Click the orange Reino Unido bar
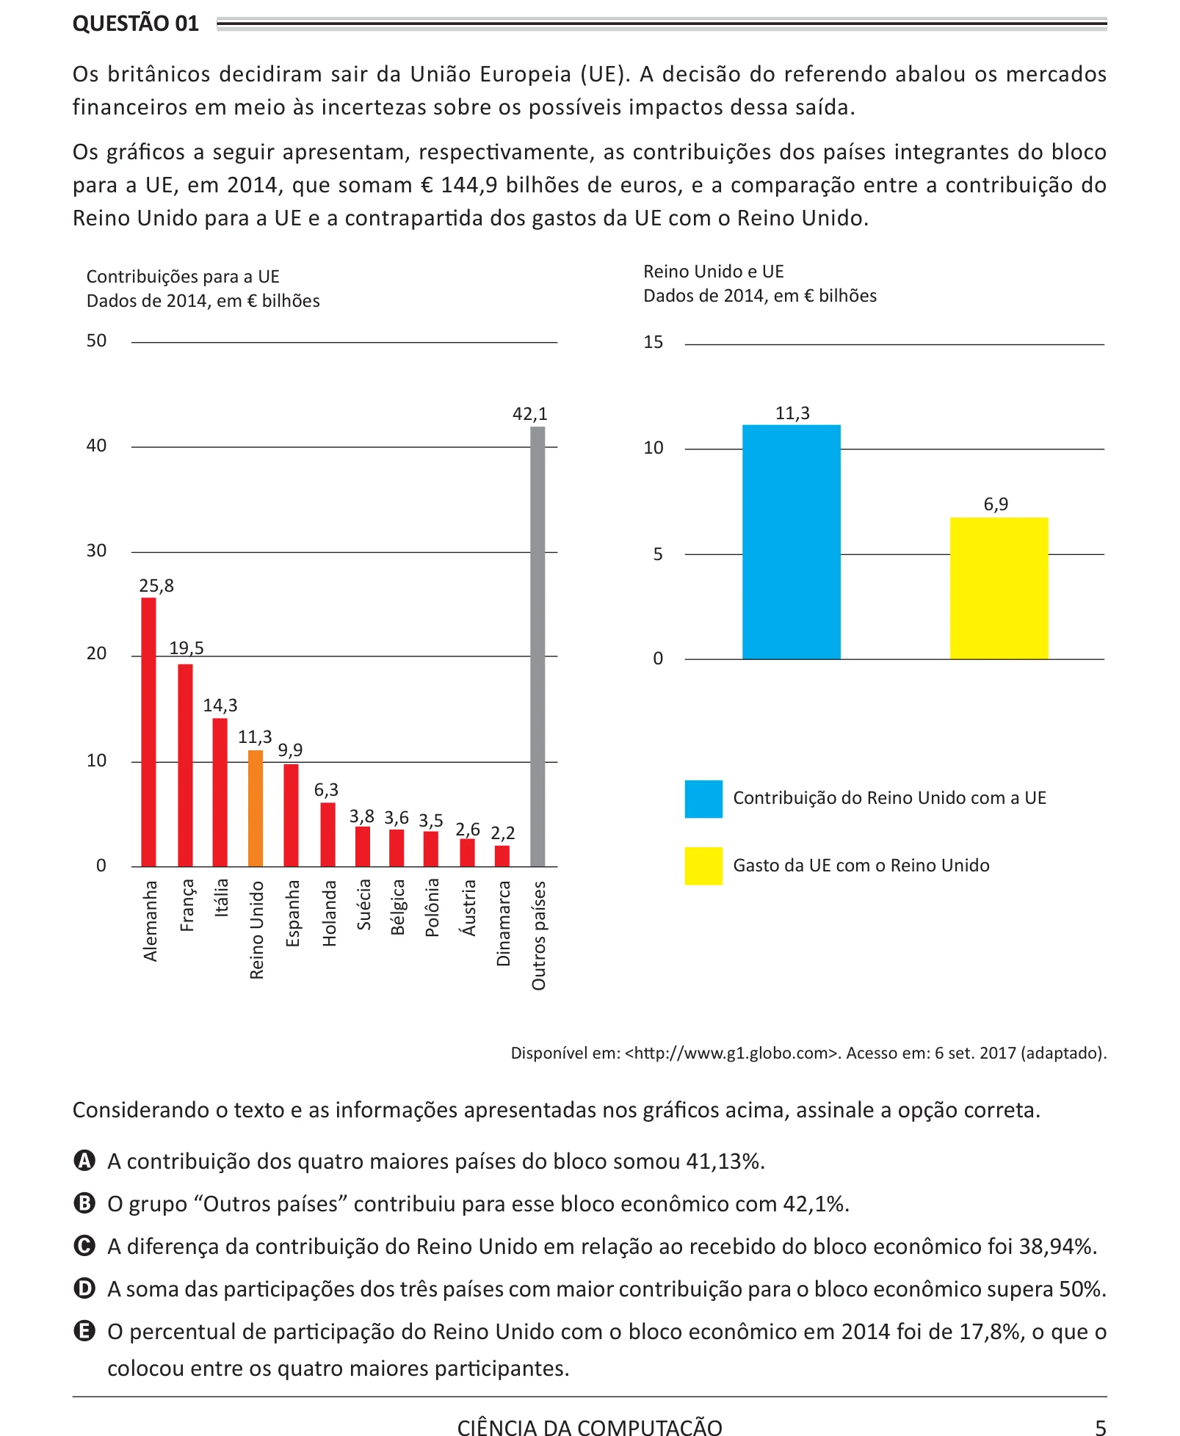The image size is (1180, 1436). pos(255,808)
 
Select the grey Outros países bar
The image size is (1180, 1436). pos(537,647)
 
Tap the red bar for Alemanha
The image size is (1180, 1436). pos(148,732)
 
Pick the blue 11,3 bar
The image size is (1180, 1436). pos(791,542)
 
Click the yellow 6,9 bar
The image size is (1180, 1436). pos(999,588)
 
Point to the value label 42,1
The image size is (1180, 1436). pos(529,414)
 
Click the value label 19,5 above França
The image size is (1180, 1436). pos(187,648)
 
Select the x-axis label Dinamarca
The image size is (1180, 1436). pos(503,924)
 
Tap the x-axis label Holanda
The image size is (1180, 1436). pos(329,913)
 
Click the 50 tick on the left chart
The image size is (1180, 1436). pos(96,341)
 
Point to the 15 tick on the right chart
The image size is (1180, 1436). pos(653,342)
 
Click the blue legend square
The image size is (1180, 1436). pos(703,799)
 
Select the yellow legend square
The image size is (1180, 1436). pos(703,866)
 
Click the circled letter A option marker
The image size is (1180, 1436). pos(85,1161)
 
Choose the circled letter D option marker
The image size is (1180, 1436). pos(85,1288)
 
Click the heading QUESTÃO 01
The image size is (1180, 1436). pos(136,23)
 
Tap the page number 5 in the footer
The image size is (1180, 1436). pos(1100,1427)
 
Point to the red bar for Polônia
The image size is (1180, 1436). pos(431,849)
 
